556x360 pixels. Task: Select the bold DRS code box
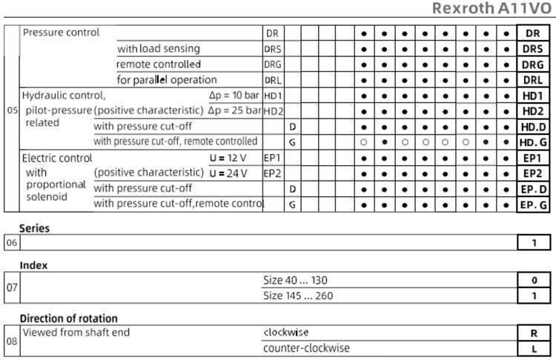(532, 49)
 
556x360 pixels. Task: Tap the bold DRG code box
(532, 64)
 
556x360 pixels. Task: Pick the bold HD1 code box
(532, 96)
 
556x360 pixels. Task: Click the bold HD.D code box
(532, 127)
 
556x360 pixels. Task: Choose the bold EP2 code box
(532, 173)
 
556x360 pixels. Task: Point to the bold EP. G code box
(532, 204)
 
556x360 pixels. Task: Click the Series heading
(35, 229)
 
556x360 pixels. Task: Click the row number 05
(12, 111)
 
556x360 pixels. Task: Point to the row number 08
(12, 341)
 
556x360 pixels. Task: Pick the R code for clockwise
(532, 333)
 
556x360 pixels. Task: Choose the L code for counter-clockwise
(532, 348)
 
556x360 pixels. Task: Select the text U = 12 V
(228, 158)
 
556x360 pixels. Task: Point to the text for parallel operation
(167, 80)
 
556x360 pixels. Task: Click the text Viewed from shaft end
(76, 333)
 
